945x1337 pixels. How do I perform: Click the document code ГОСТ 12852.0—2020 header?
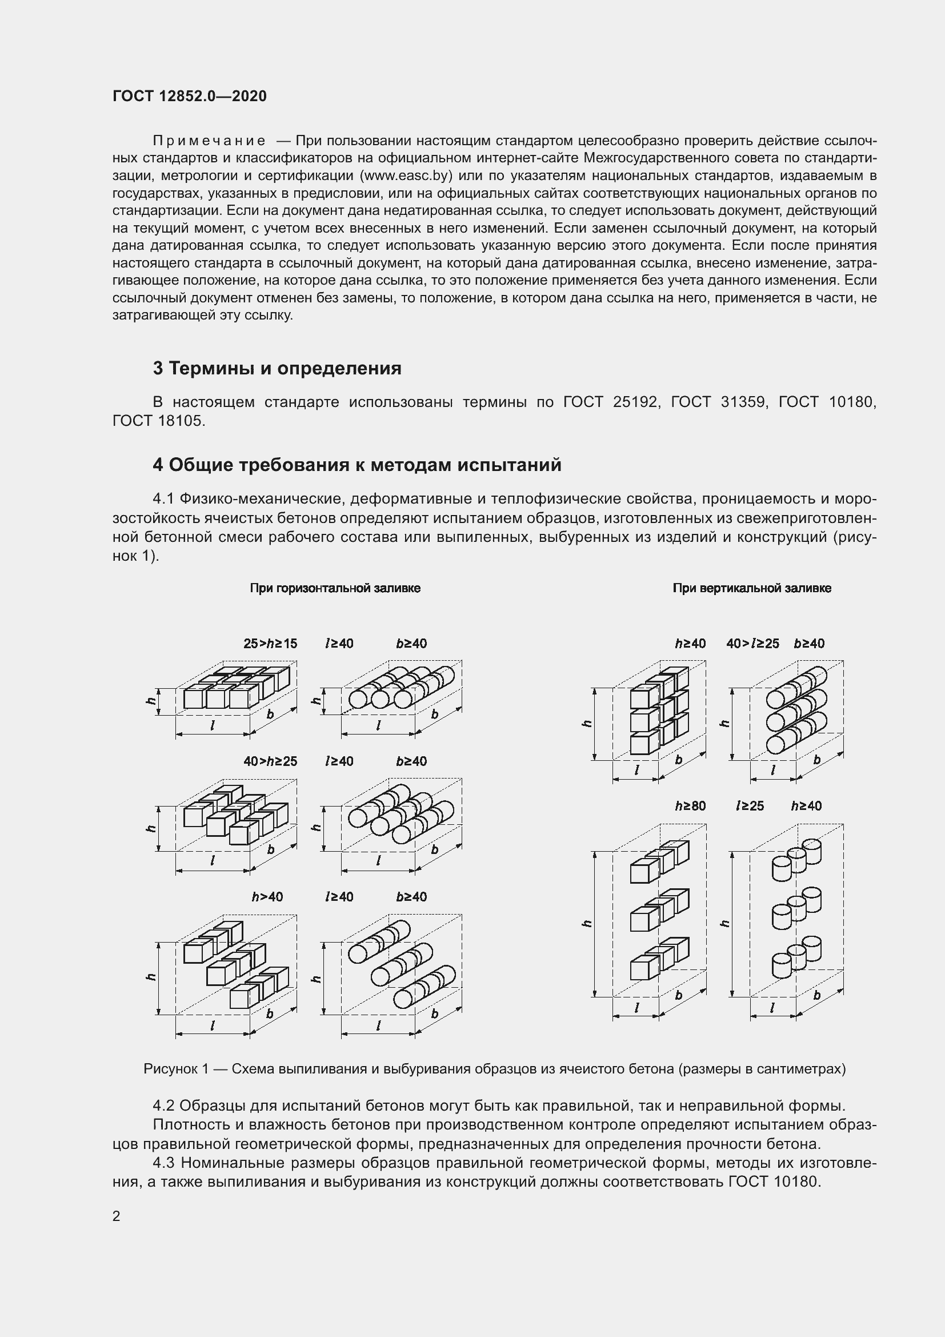190,96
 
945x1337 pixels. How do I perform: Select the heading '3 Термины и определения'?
277,368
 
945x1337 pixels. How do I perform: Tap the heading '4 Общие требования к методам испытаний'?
357,465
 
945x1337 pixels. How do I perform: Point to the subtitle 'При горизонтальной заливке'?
335,588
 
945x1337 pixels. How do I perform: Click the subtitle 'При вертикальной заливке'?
752,588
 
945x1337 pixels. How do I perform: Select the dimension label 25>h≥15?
270,644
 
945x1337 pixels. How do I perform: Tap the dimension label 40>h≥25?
270,761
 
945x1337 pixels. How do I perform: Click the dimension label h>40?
267,897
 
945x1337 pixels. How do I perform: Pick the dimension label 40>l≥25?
752,644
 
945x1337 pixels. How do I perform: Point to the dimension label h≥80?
690,806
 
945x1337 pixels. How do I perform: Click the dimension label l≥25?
750,806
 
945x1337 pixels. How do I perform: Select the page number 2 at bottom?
117,1216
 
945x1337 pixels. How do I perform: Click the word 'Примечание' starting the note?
209,141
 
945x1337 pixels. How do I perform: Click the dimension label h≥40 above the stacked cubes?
690,644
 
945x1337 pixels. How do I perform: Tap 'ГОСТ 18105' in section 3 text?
158,421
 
